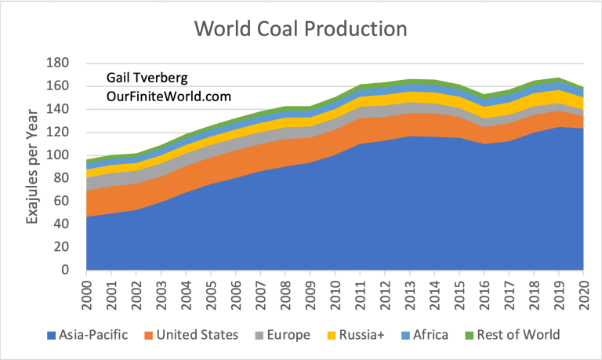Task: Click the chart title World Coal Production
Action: tap(301, 30)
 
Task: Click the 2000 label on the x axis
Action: tap(86, 295)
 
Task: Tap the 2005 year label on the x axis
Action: tap(210, 295)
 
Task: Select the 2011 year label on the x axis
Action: tap(359, 295)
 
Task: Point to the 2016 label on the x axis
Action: tap(483, 295)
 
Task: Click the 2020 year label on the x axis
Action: tap(582, 295)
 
